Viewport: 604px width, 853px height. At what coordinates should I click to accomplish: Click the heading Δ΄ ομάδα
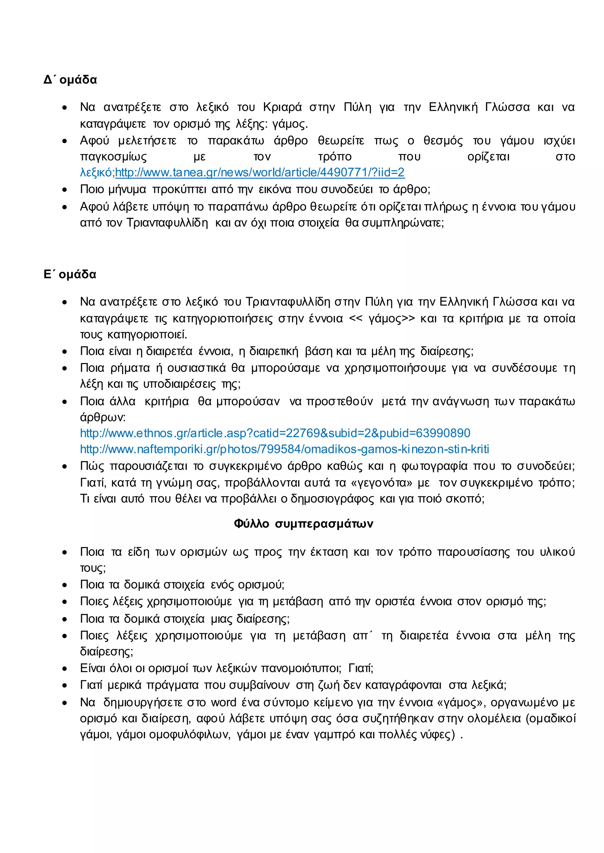pyautogui.click(x=70, y=80)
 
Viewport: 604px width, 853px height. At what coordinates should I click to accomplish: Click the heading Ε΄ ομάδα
pyautogui.click(x=70, y=275)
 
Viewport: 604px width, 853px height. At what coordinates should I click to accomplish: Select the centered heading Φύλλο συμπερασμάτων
pyautogui.click(x=303, y=524)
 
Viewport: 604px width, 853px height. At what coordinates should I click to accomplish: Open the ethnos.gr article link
pyautogui.click(x=275, y=433)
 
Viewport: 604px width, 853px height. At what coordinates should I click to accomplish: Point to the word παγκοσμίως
pyautogui.click(x=114, y=157)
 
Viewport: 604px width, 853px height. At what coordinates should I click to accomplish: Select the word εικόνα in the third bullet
pyautogui.click(x=275, y=189)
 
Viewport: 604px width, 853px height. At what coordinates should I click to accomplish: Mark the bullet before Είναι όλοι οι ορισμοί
pyautogui.click(x=65, y=669)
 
